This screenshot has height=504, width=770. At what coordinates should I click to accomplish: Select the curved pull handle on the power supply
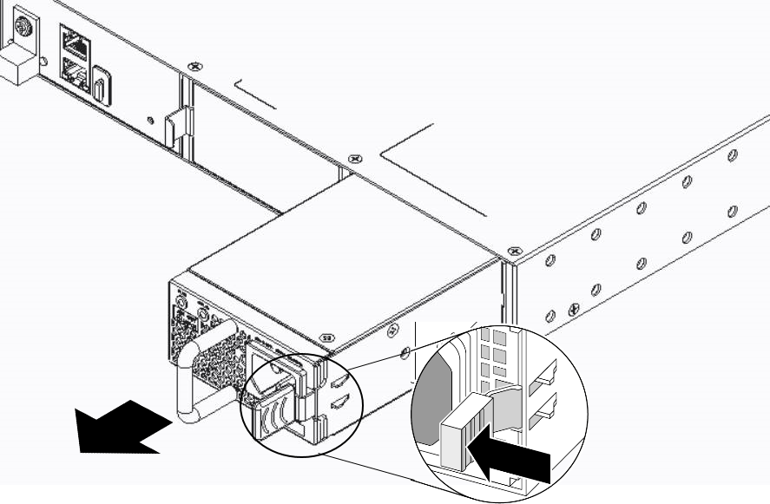(194, 372)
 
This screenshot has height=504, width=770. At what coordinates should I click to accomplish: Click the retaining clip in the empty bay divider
(173, 127)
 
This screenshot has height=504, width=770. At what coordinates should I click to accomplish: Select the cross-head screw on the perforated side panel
(573, 309)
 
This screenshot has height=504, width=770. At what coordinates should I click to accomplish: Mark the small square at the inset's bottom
(516, 482)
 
